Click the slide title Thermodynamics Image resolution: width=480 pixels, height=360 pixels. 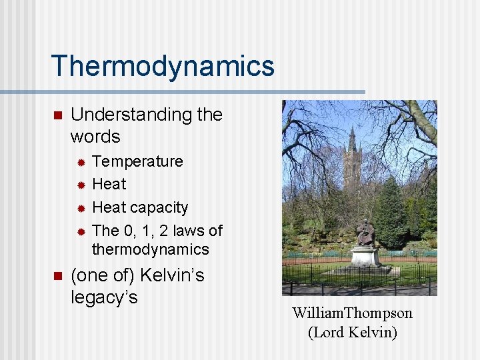[x=162, y=66]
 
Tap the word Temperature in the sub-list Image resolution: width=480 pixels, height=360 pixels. [x=137, y=161]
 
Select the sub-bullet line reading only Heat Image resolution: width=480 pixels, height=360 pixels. [x=109, y=184]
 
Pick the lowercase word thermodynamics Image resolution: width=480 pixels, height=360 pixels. [x=150, y=249]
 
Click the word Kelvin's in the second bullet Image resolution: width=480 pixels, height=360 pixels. [x=171, y=275]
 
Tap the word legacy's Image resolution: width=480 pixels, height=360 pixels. [x=104, y=297]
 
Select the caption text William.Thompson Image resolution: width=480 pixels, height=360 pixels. [x=352, y=313]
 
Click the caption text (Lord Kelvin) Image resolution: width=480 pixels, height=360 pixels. [x=352, y=332]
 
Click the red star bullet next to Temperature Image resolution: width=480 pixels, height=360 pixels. [x=79, y=162]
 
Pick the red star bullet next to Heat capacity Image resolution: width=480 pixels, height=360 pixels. [x=79, y=208]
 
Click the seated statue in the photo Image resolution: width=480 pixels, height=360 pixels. [x=365, y=233]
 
